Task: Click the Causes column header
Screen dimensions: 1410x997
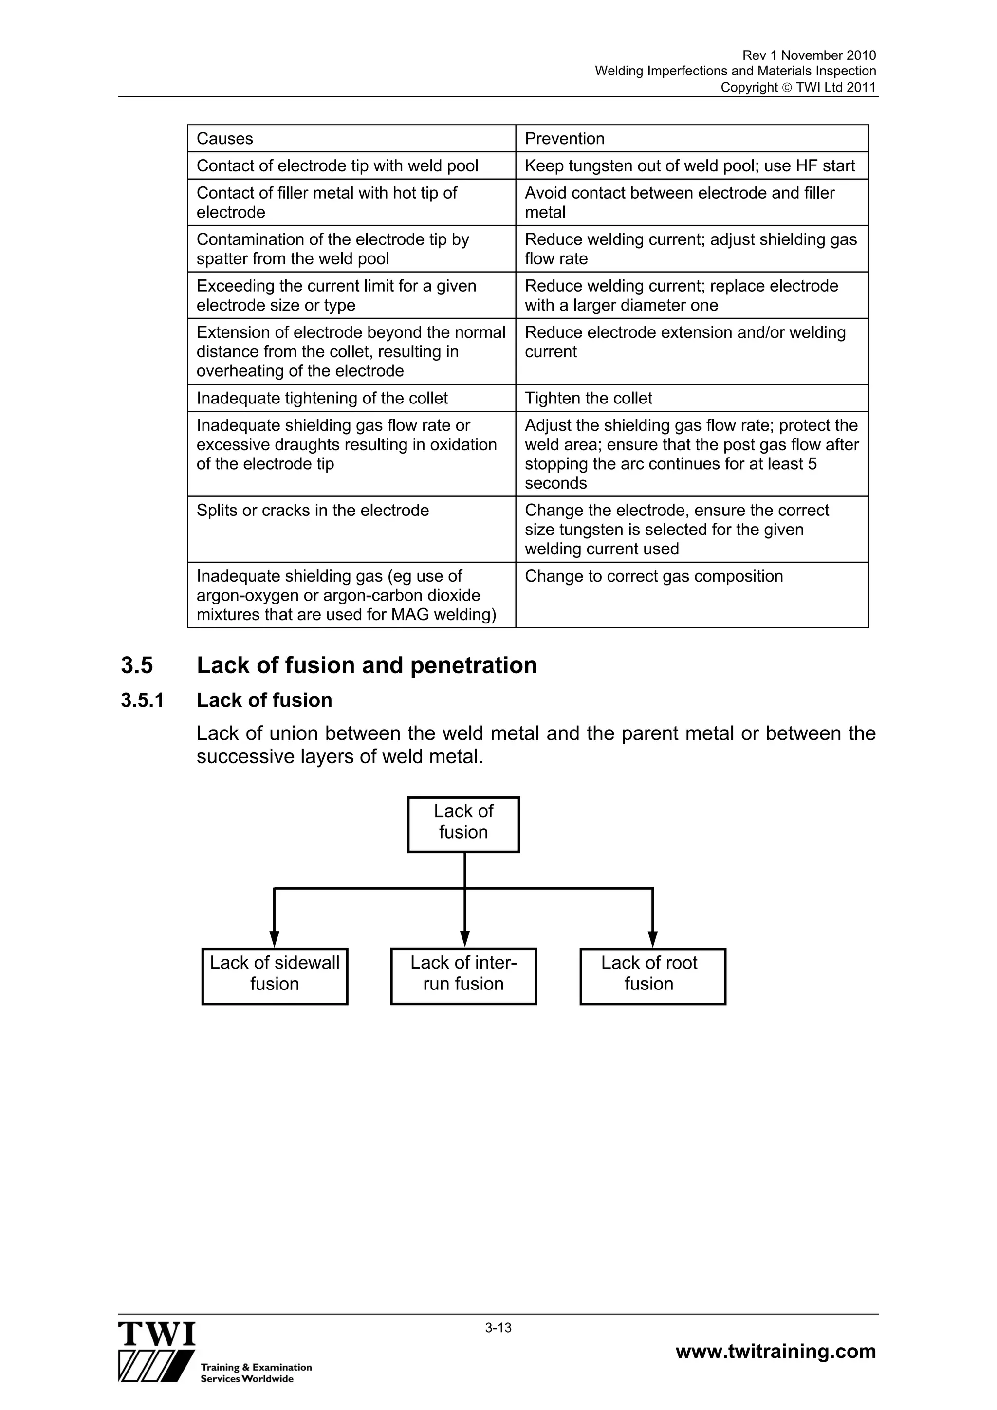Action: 225,139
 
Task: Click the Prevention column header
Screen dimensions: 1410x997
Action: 565,139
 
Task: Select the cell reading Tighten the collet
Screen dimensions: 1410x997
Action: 589,398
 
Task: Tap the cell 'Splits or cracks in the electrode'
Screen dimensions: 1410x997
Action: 313,511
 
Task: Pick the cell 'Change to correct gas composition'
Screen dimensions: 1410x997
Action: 654,576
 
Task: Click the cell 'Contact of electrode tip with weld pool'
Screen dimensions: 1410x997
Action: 337,166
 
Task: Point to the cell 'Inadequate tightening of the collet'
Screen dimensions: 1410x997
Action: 322,398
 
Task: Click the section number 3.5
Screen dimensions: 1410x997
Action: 136,665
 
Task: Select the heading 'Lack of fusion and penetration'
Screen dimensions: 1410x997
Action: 367,665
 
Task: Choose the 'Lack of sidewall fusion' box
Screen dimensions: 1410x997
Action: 275,976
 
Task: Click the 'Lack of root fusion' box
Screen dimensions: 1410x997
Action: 652,976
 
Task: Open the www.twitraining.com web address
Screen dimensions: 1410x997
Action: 775,1351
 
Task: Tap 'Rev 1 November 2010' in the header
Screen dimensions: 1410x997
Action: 809,55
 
